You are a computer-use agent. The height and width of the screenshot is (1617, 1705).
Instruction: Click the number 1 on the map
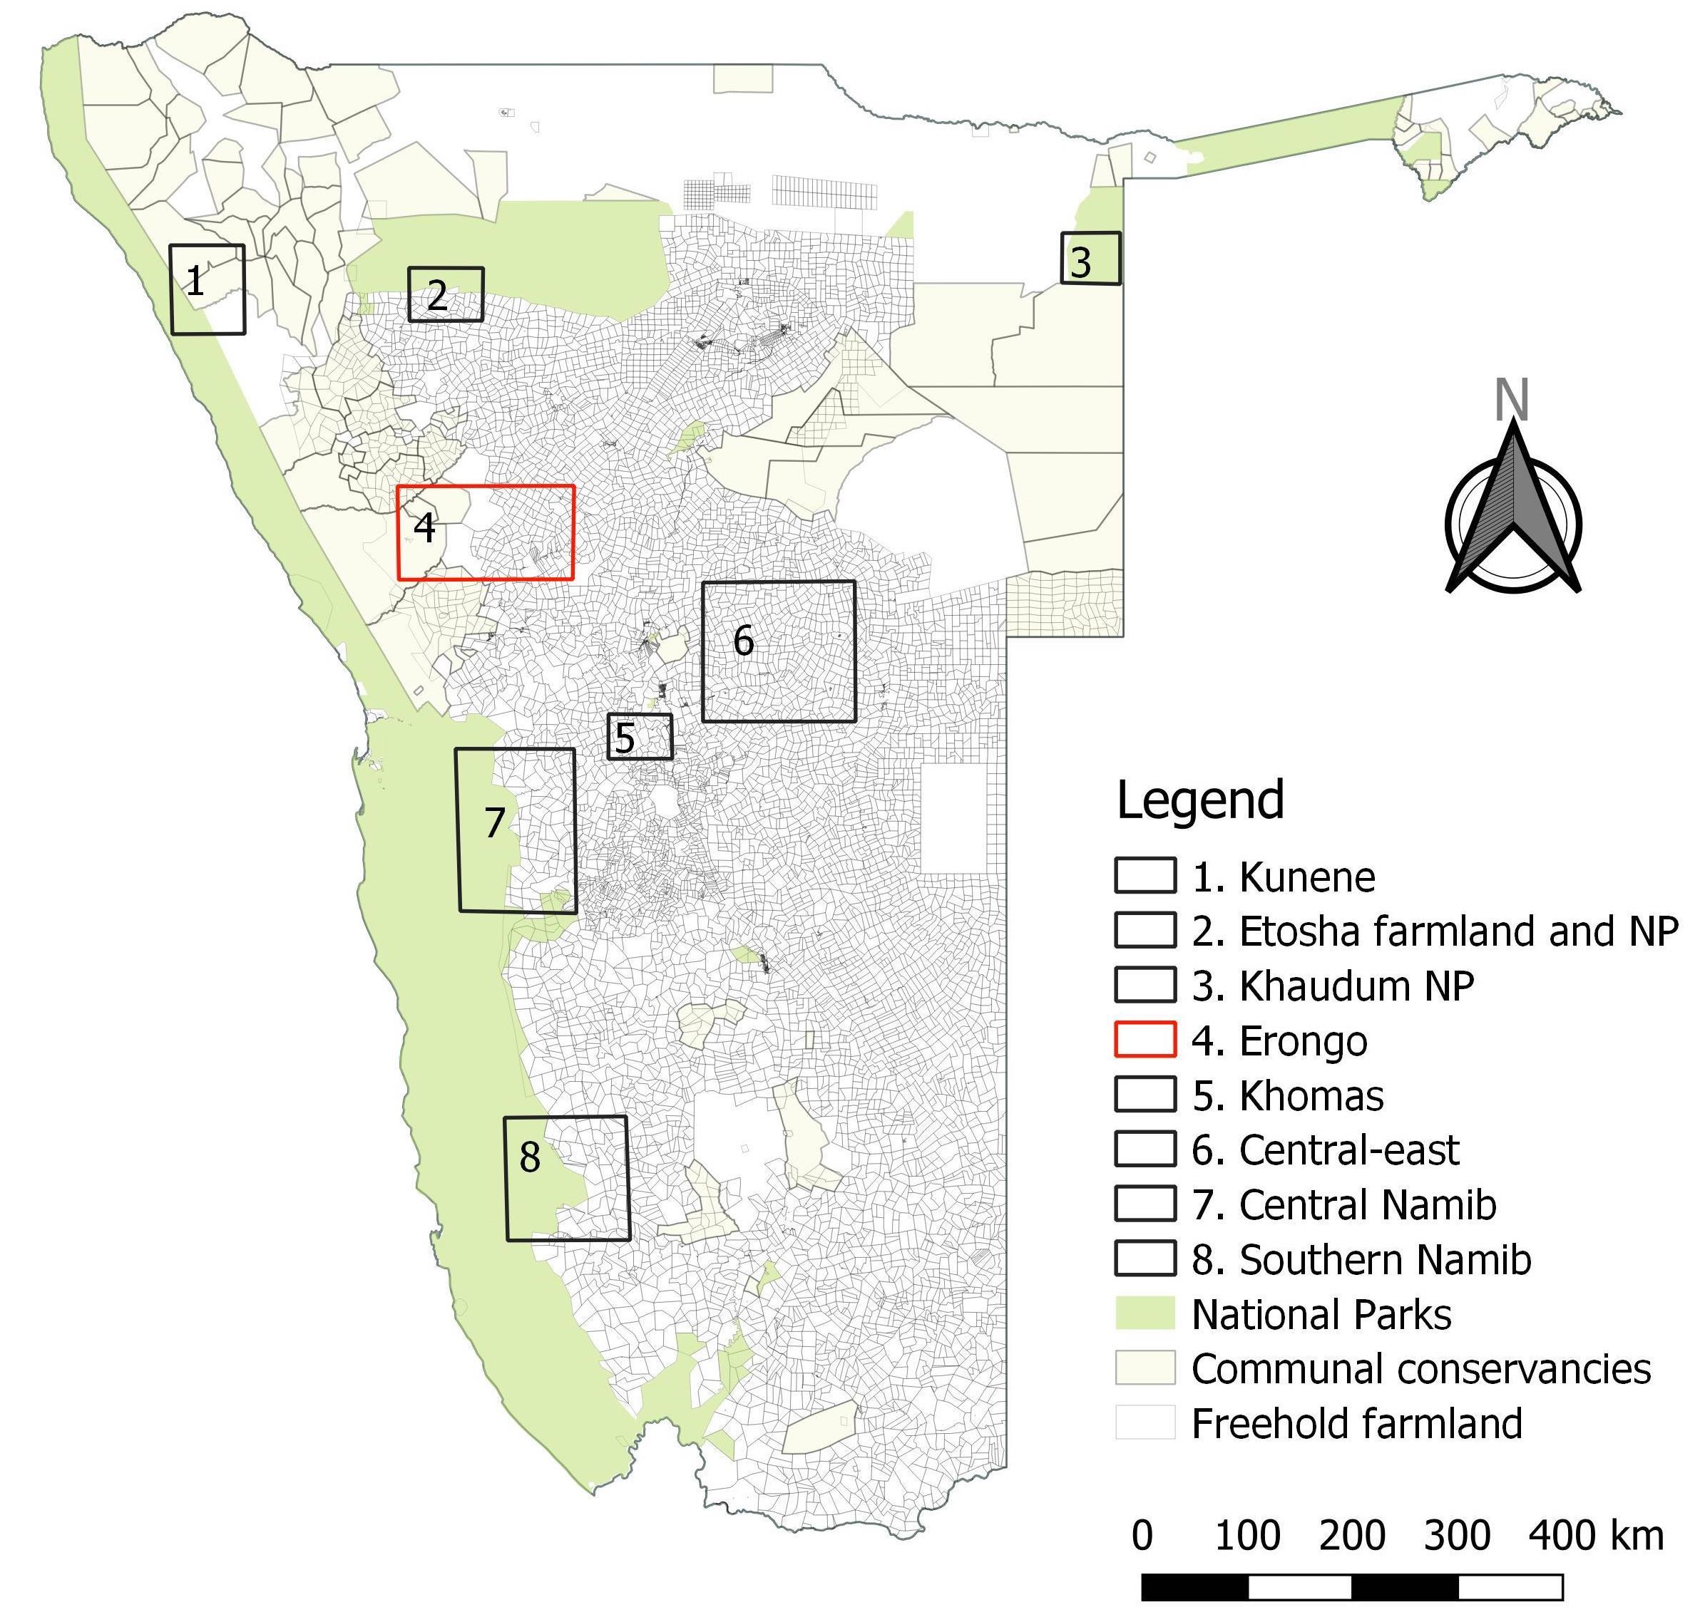196,281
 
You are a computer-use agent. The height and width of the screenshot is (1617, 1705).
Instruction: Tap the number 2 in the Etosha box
437,296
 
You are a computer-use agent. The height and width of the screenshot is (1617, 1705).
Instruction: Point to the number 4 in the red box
424,527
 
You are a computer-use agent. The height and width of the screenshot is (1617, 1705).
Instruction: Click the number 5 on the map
625,738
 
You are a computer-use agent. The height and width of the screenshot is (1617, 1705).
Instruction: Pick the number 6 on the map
744,641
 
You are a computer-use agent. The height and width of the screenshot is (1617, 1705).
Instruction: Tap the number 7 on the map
494,823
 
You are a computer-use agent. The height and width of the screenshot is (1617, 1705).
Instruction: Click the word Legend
1199,800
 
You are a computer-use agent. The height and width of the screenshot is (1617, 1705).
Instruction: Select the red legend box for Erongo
1145,1040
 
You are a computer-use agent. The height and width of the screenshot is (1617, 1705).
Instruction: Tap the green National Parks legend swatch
1145,1313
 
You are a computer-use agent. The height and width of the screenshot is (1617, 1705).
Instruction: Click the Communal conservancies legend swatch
1145,1368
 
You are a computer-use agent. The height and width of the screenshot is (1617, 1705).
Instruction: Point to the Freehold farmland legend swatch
1145,1423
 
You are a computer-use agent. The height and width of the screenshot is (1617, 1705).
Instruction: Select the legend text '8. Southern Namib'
1361,1259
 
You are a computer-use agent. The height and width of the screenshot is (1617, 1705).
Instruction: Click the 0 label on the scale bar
1142,1536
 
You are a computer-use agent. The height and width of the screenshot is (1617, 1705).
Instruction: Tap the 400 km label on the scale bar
1595,1536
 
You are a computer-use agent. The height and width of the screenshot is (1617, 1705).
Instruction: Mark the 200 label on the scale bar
1352,1536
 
